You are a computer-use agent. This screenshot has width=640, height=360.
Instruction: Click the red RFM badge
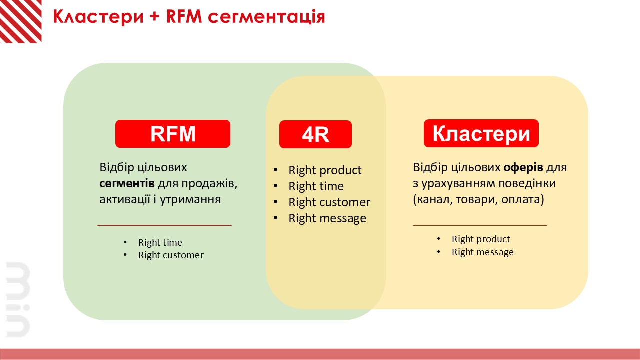pyautogui.click(x=173, y=134)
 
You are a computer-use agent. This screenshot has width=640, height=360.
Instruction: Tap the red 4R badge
pyautogui.click(x=315, y=134)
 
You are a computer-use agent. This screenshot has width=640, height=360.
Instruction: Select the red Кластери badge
pyautogui.click(x=481, y=133)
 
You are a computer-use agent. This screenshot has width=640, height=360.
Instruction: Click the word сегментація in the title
pyautogui.click(x=266, y=16)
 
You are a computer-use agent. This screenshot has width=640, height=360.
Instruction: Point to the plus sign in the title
pyautogui.click(x=154, y=16)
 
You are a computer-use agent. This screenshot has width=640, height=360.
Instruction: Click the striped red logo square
pyautogui.click(x=21, y=21)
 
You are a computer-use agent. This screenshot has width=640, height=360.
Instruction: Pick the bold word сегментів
pyautogui.click(x=127, y=183)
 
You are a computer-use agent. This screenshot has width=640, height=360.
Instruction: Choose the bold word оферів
pyautogui.click(x=523, y=167)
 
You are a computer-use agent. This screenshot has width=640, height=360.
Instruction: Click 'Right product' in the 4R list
pyautogui.click(x=325, y=170)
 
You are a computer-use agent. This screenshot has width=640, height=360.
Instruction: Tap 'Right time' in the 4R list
pyautogui.click(x=316, y=186)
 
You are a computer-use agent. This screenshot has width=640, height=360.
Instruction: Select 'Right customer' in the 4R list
pyautogui.click(x=329, y=202)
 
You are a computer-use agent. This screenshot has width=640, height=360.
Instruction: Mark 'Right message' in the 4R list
pyautogui.click(x=327, y=218)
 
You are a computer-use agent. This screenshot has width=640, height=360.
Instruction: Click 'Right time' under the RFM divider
pyautogui.click(x=160, y=242)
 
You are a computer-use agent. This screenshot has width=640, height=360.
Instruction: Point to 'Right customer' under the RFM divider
pyautogui.click(x=171, y=255)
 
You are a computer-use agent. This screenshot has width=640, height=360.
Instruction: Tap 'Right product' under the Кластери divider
pyautogui.click(x=481, y=239)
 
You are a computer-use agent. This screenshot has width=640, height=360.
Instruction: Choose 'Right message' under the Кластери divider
pyautogui.click(x=483, y=252)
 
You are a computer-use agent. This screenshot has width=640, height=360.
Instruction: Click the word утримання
pyautogui.click(x=190, y=199)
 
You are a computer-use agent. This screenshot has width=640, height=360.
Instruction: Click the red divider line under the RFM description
pyautogui.click(x=164, y=225)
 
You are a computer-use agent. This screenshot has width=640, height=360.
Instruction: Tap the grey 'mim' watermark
pyautogui.click(x=18, y=299)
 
